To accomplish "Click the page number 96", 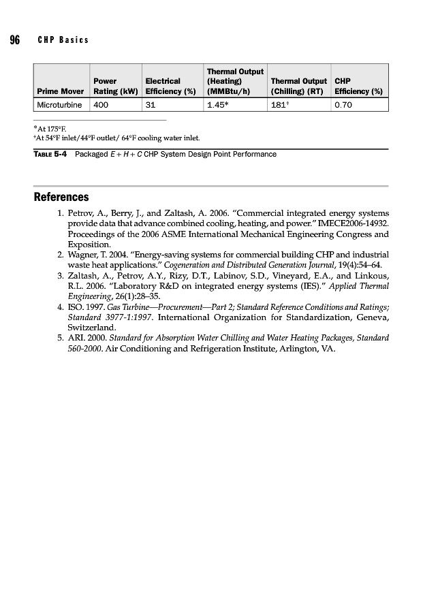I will [14, 40].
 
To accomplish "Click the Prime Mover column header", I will [61, 91].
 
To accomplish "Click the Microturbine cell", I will [60, 105].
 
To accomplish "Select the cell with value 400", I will [101, 105].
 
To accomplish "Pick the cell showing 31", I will [151, 105].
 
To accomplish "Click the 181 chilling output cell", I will [280, 105].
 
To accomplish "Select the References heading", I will [61, 198].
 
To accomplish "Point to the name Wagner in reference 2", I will [84, 255].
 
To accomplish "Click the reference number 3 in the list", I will [60, 276].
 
